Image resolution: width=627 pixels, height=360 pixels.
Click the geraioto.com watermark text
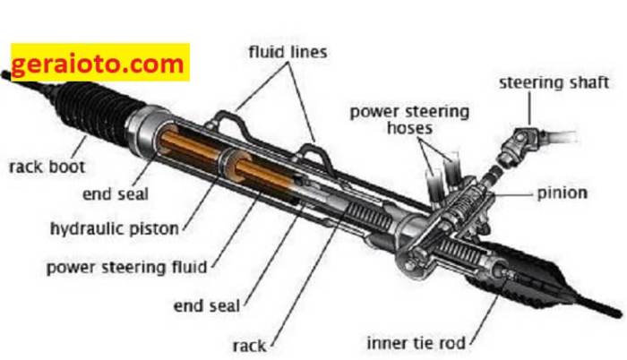click(x=99, y=64)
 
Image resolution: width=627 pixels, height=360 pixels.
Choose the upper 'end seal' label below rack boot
click(x=115, y=193)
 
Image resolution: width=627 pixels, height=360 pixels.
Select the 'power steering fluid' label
click(x=127, y=266)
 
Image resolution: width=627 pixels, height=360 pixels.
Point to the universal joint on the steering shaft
click(x=520, y=143)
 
